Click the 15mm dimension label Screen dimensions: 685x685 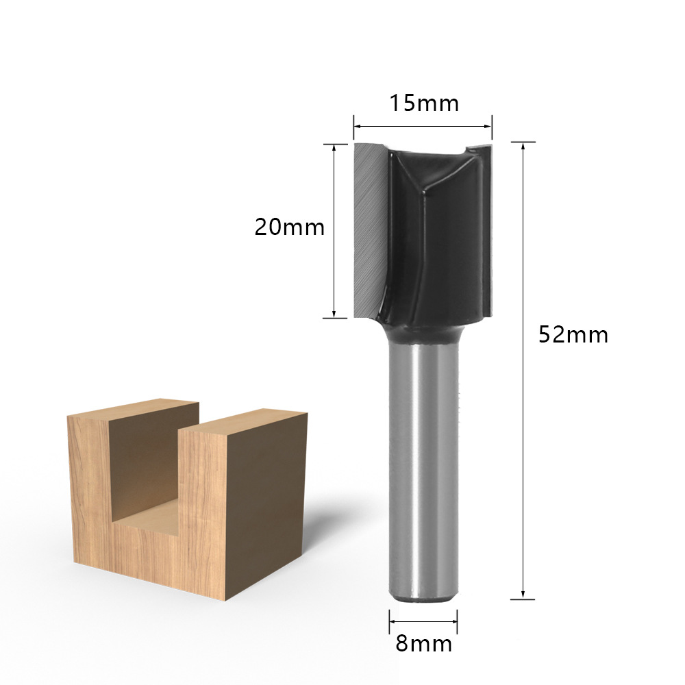[424, 103]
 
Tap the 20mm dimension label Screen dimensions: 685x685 [290, 227]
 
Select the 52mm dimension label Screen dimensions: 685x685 [573, 335]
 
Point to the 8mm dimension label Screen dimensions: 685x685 [424, 643]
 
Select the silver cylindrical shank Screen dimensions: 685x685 [423, 472]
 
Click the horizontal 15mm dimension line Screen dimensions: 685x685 [423, 127]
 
